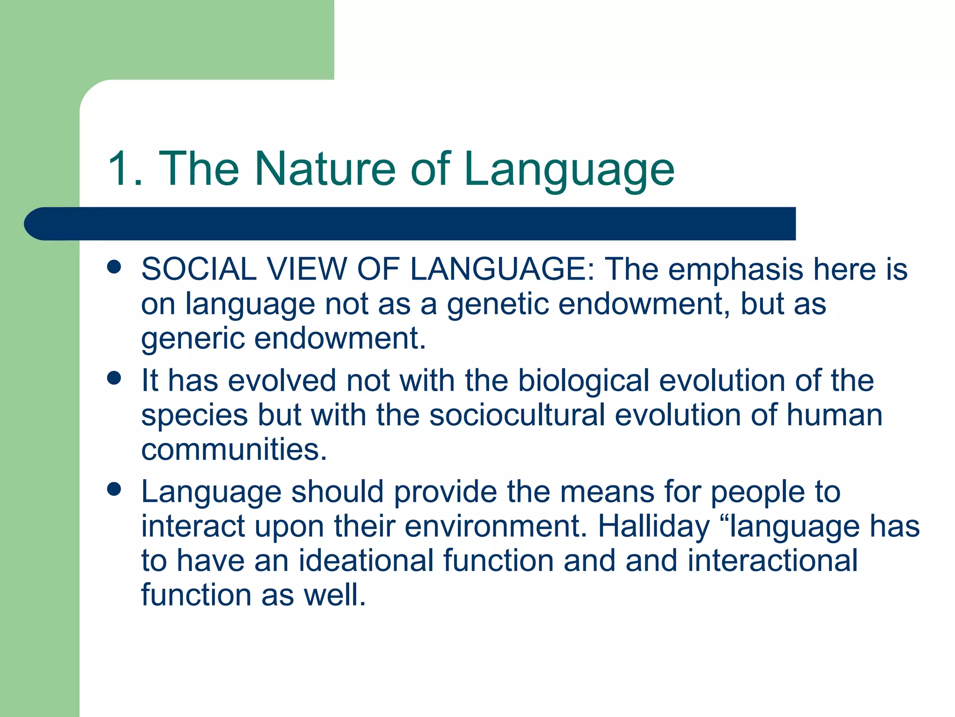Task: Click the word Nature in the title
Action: tap(325, 169)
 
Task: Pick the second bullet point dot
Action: tap(114, 378)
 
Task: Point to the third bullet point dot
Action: tap(114, 489)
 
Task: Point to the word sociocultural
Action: tap(517, 415)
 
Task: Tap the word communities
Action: tap(234, 449)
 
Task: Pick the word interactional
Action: tap(772, 561)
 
